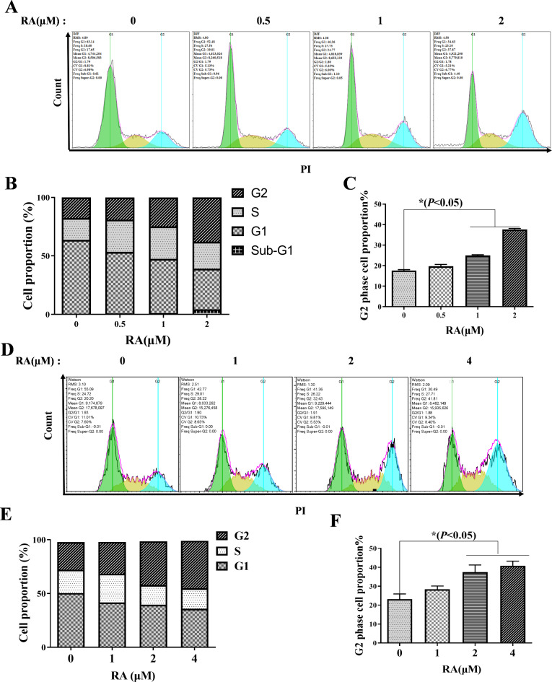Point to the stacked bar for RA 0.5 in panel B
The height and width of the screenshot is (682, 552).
click(x=120, y=256)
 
